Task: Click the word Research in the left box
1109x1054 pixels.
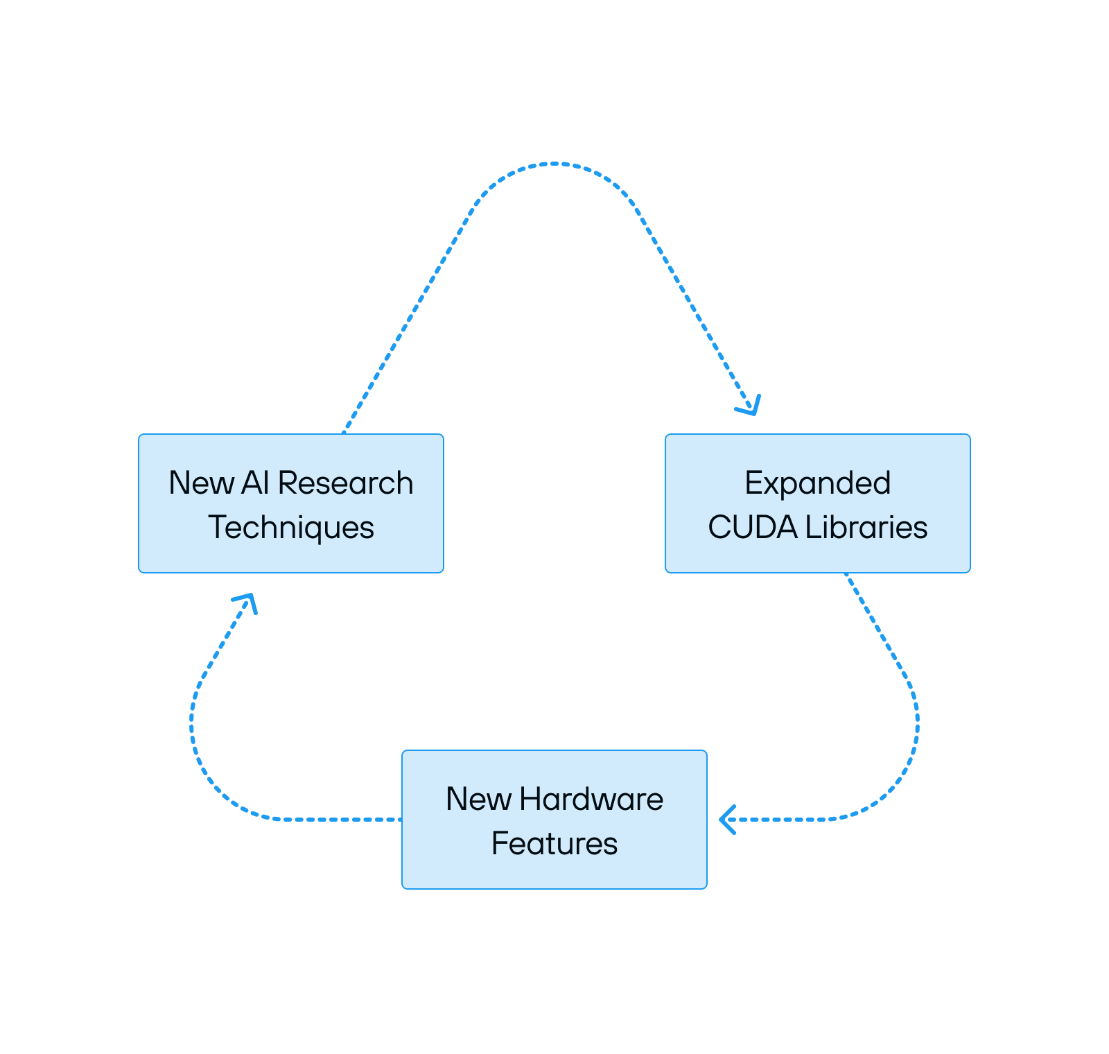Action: (345, 483)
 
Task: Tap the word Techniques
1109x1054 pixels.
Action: (291, 528)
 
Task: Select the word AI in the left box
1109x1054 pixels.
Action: (254, 483)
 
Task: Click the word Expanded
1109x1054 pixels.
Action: (817, 483)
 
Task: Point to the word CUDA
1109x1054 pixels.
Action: (753, 528)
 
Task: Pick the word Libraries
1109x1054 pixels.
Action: (866, 528)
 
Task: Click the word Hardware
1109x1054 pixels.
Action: (591, 799)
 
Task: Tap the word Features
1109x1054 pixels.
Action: (554, 844)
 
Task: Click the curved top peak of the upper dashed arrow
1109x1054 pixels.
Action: (554, 164)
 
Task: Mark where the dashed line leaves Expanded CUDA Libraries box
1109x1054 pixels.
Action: (846, 575)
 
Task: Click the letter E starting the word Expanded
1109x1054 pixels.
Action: (752, 483)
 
